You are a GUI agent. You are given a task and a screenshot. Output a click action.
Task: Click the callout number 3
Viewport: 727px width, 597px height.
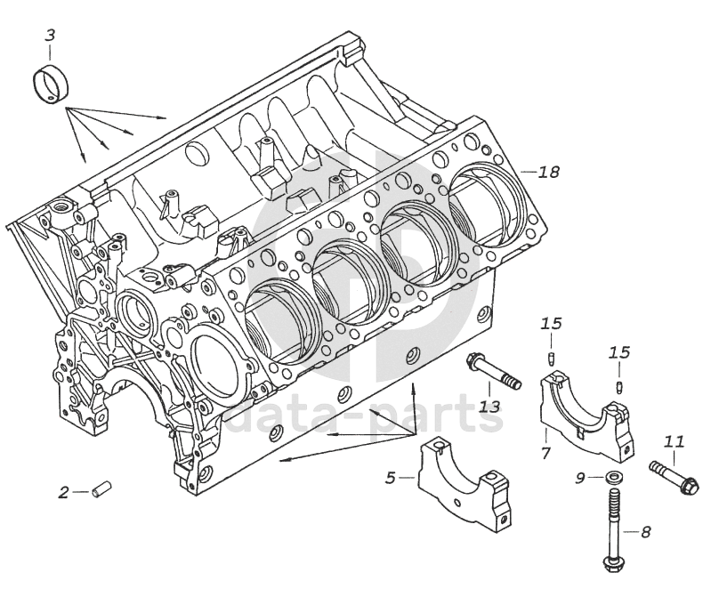click(x=50, y=36)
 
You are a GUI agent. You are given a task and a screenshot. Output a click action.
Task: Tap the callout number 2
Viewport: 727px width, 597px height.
click(x=63, y=491)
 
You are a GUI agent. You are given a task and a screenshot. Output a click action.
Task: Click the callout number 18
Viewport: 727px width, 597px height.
click(x=549, y=172)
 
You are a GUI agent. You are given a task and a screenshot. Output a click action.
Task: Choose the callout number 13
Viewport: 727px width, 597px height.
click(x=490, y=407)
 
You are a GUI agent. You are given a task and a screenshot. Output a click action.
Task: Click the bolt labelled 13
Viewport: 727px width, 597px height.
click(x=494, y=370)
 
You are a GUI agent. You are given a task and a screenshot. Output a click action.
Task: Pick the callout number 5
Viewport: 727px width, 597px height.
click(x=390, y=479)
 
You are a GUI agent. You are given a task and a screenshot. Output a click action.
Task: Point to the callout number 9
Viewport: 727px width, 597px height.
click(x=579, y=479)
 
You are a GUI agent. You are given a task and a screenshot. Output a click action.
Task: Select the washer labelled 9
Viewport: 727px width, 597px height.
click(x=612, y=479)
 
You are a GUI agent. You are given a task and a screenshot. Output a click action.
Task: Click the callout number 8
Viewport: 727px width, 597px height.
click(x=645, y=532)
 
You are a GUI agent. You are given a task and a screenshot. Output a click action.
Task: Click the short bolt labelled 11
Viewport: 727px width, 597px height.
click(x=675, y=476)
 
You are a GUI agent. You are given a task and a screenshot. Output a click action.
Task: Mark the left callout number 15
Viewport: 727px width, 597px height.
click(x=552, y=323)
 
